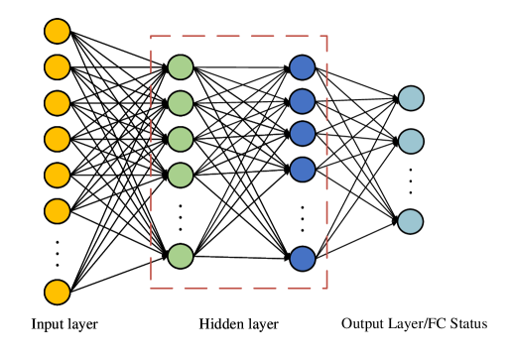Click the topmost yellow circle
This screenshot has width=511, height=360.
pos(58,32)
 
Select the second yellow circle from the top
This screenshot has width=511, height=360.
pos(58,67)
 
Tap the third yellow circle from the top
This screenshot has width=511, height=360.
pos(58,103)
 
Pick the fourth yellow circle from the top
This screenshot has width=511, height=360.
pos(58,139)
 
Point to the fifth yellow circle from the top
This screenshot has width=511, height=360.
pos(58,176)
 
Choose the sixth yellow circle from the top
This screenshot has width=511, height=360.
pos(58,211)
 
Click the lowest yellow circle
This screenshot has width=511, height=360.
pos(58,293)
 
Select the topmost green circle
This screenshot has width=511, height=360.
pos(181,67)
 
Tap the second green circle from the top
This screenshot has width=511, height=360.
pos(181,103)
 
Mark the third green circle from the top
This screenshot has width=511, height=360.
pos(181,139)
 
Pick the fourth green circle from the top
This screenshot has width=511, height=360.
pos(181,176)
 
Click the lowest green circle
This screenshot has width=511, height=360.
pos(181,256)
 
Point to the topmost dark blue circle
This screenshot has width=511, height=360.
pos(303,67)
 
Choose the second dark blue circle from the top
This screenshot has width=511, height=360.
pos(303,101)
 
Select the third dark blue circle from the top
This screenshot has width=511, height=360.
pos(303,134)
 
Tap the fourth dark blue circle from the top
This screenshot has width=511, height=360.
pos(303,170)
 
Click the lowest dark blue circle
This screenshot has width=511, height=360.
pos(303,259)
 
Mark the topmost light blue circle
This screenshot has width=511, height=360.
pos(411,98)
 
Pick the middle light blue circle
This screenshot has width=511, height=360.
pos(411,142)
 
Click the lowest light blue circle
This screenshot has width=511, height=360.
pos(411,222)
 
